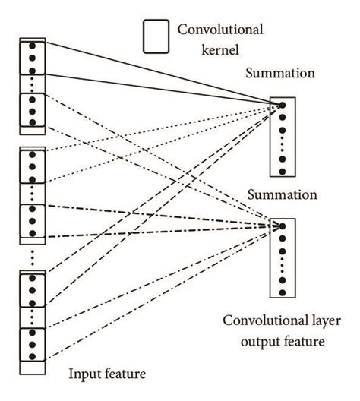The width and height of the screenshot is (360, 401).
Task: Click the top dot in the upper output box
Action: [x=282, y=106]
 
